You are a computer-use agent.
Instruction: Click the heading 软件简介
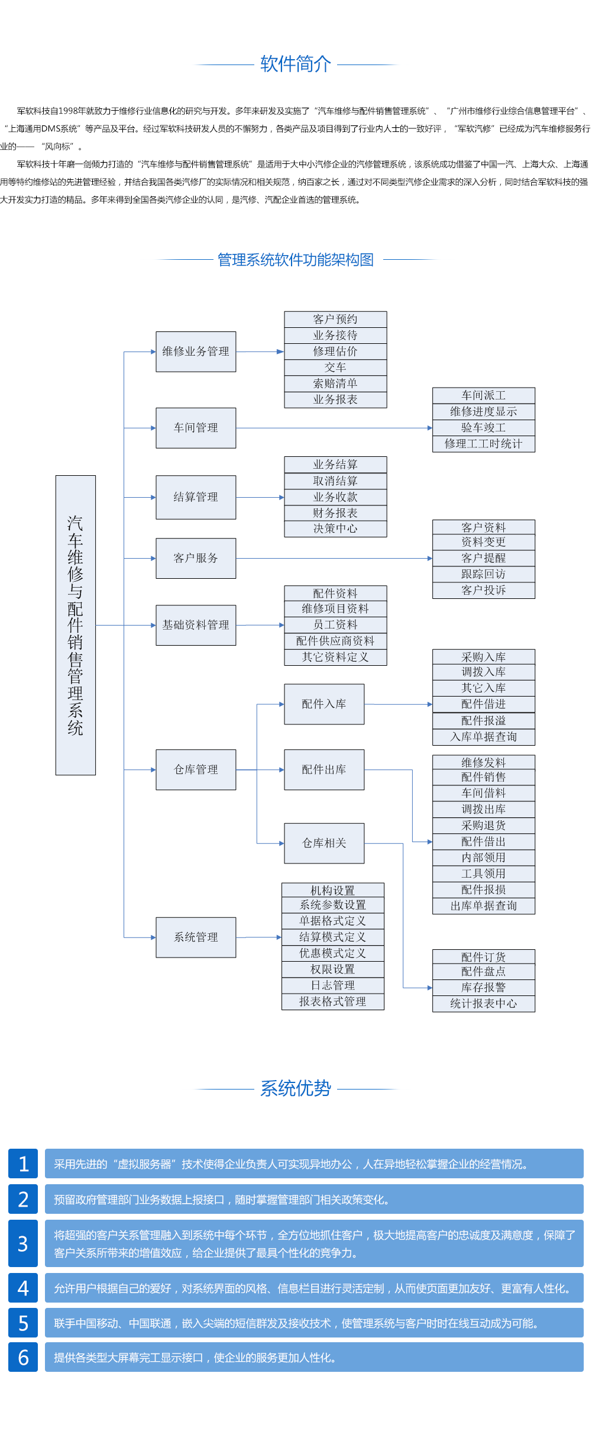(296, 64)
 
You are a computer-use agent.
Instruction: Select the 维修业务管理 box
(196, 352)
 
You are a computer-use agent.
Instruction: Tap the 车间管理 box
(196, 428)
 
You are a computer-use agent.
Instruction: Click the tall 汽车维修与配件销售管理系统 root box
(75, 625)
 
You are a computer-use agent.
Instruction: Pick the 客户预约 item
(335, 320)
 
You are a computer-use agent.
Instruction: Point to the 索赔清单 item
(335, 383)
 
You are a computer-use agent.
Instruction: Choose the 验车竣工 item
(483, 427)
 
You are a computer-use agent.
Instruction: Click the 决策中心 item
(335, 528)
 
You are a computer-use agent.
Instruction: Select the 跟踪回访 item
(483, 574)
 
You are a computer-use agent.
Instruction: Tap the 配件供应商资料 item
(335, 641)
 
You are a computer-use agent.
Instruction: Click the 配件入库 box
(324, 704)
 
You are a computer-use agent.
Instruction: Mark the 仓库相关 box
(324, 843)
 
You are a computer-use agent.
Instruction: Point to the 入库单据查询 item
(483, 737)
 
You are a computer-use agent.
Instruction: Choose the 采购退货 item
(483, 826)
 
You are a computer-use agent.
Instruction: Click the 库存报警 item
(483, 988)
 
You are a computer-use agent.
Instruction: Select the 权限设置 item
(332, 969)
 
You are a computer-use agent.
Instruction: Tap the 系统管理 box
(196, 937)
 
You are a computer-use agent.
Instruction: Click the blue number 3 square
(23, 1243)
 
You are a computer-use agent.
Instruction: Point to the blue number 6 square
(23, 1357)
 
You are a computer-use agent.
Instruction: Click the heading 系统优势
(296, 1088)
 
